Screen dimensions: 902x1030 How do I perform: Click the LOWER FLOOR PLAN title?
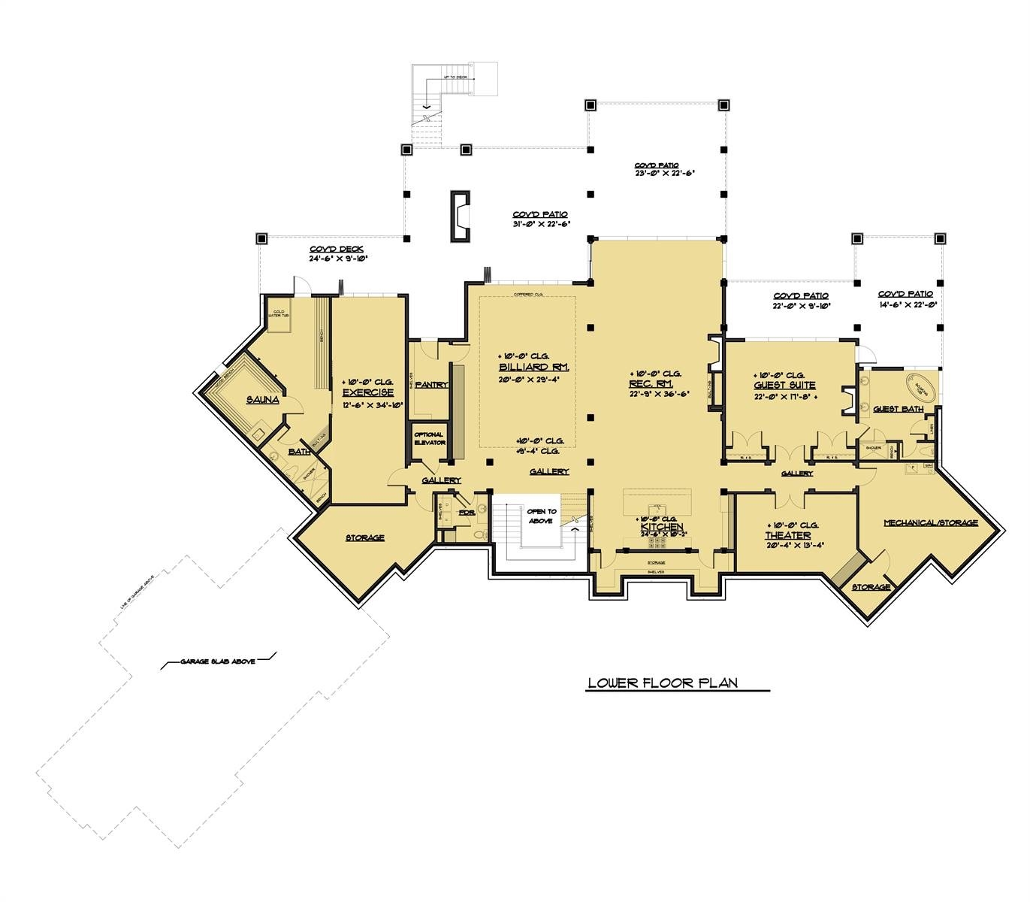pos(662,683)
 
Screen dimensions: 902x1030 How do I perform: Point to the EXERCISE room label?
pos(368,393)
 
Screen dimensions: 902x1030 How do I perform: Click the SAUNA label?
pos(262,400)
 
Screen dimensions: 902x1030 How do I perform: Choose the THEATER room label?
pos(787,536)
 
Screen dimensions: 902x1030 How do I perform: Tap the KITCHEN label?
pos(661,528)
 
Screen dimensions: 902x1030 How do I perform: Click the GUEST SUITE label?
pos(784,385)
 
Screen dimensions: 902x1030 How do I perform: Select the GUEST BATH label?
pos(898,409)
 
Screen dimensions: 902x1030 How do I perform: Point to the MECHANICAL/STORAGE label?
pos(930,522)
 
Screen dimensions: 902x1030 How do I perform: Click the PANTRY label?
pos(430,385)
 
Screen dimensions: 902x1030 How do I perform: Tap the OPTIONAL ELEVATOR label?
pos(429,438)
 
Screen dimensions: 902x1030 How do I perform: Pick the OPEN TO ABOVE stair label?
pos(541,516)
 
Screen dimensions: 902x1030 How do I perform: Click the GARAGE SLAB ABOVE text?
pos(218,661)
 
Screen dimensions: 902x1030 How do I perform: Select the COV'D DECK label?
pos(336,250)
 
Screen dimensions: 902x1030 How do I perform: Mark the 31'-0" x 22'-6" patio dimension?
pos(540,224)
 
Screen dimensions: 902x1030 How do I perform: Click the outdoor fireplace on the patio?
pos(460,217)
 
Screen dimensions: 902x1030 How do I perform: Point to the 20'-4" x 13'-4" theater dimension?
pos(787,546)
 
